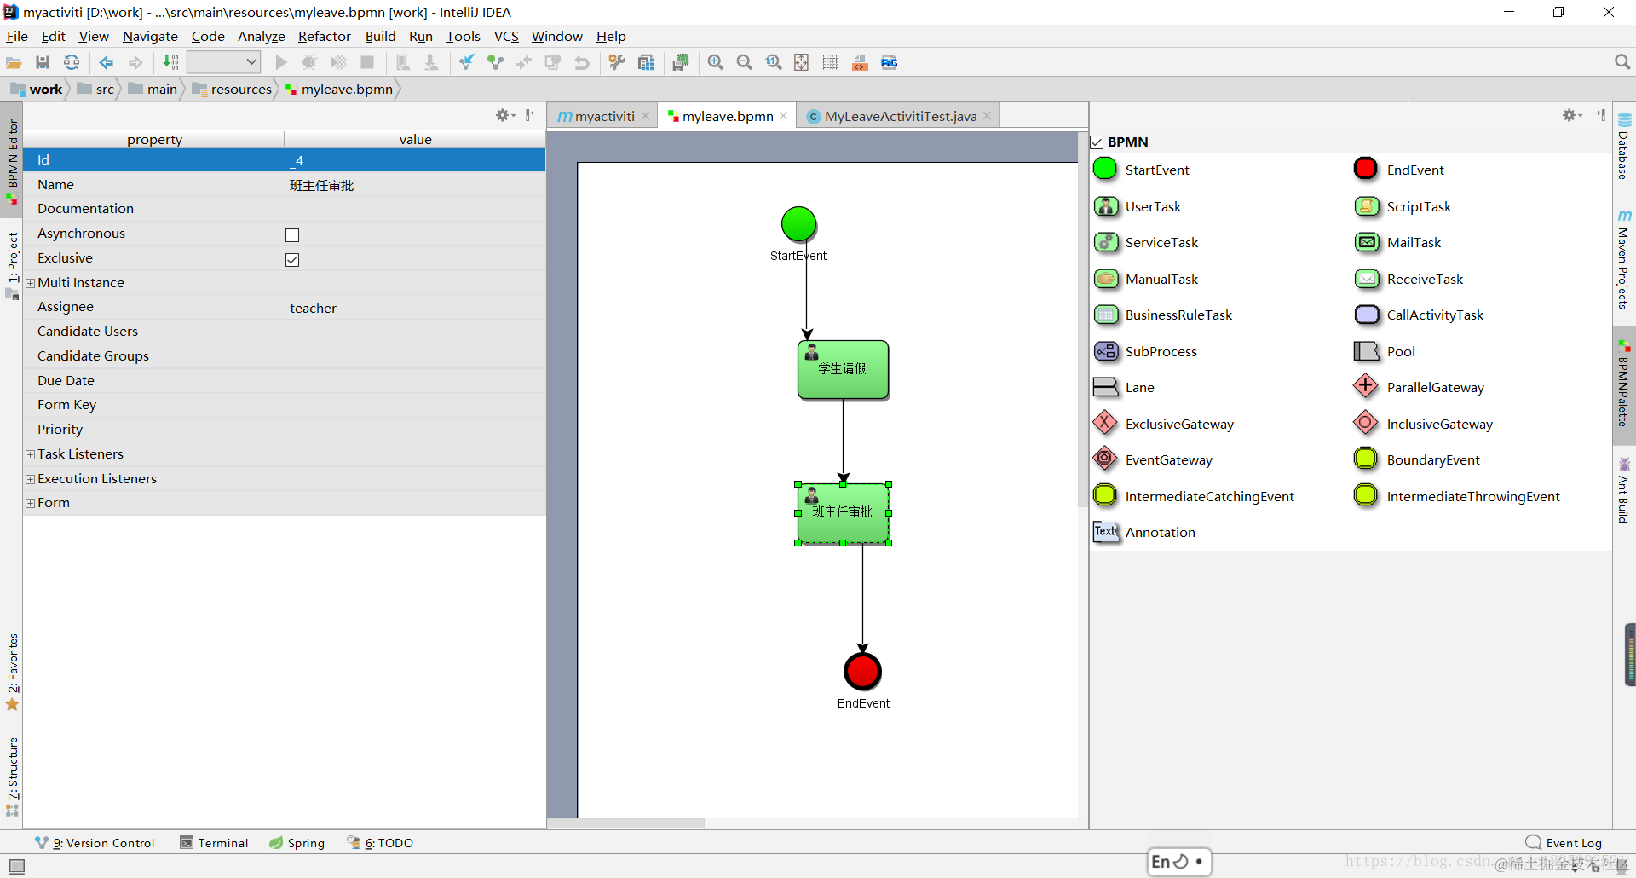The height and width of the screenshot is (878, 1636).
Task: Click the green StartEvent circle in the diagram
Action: (x=798, y=224)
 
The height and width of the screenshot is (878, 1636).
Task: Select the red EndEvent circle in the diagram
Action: (x=862, y=671)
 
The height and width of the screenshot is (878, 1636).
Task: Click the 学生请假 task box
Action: (x=843, y=370)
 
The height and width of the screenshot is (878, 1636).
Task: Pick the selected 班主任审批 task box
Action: (x=843, y=513)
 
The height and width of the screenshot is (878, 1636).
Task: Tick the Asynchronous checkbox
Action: (x=292, y=235)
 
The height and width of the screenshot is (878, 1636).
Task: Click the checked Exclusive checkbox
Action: (x=292, y=260)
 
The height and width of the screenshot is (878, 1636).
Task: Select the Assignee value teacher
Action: (x=314, y=309)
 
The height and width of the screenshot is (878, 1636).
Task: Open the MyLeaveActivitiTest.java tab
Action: (x=900, y=117)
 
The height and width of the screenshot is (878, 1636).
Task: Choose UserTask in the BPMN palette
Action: (x=1153, y=207)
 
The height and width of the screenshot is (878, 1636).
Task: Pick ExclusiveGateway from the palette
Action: (x=1178, y=425)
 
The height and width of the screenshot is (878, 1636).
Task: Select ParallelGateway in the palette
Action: (x=1435, y=388)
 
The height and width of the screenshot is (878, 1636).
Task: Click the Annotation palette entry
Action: (x=1160, y=533)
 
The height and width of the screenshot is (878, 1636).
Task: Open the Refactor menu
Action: (x=324, y=37)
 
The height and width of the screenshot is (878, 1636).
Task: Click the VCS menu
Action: (x=506, y=37)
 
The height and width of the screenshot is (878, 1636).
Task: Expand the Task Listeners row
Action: (x=31, y=454)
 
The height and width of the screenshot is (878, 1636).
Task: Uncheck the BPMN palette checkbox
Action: (x=1097, y=142)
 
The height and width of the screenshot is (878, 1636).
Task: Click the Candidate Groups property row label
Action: (x=93, y=356)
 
